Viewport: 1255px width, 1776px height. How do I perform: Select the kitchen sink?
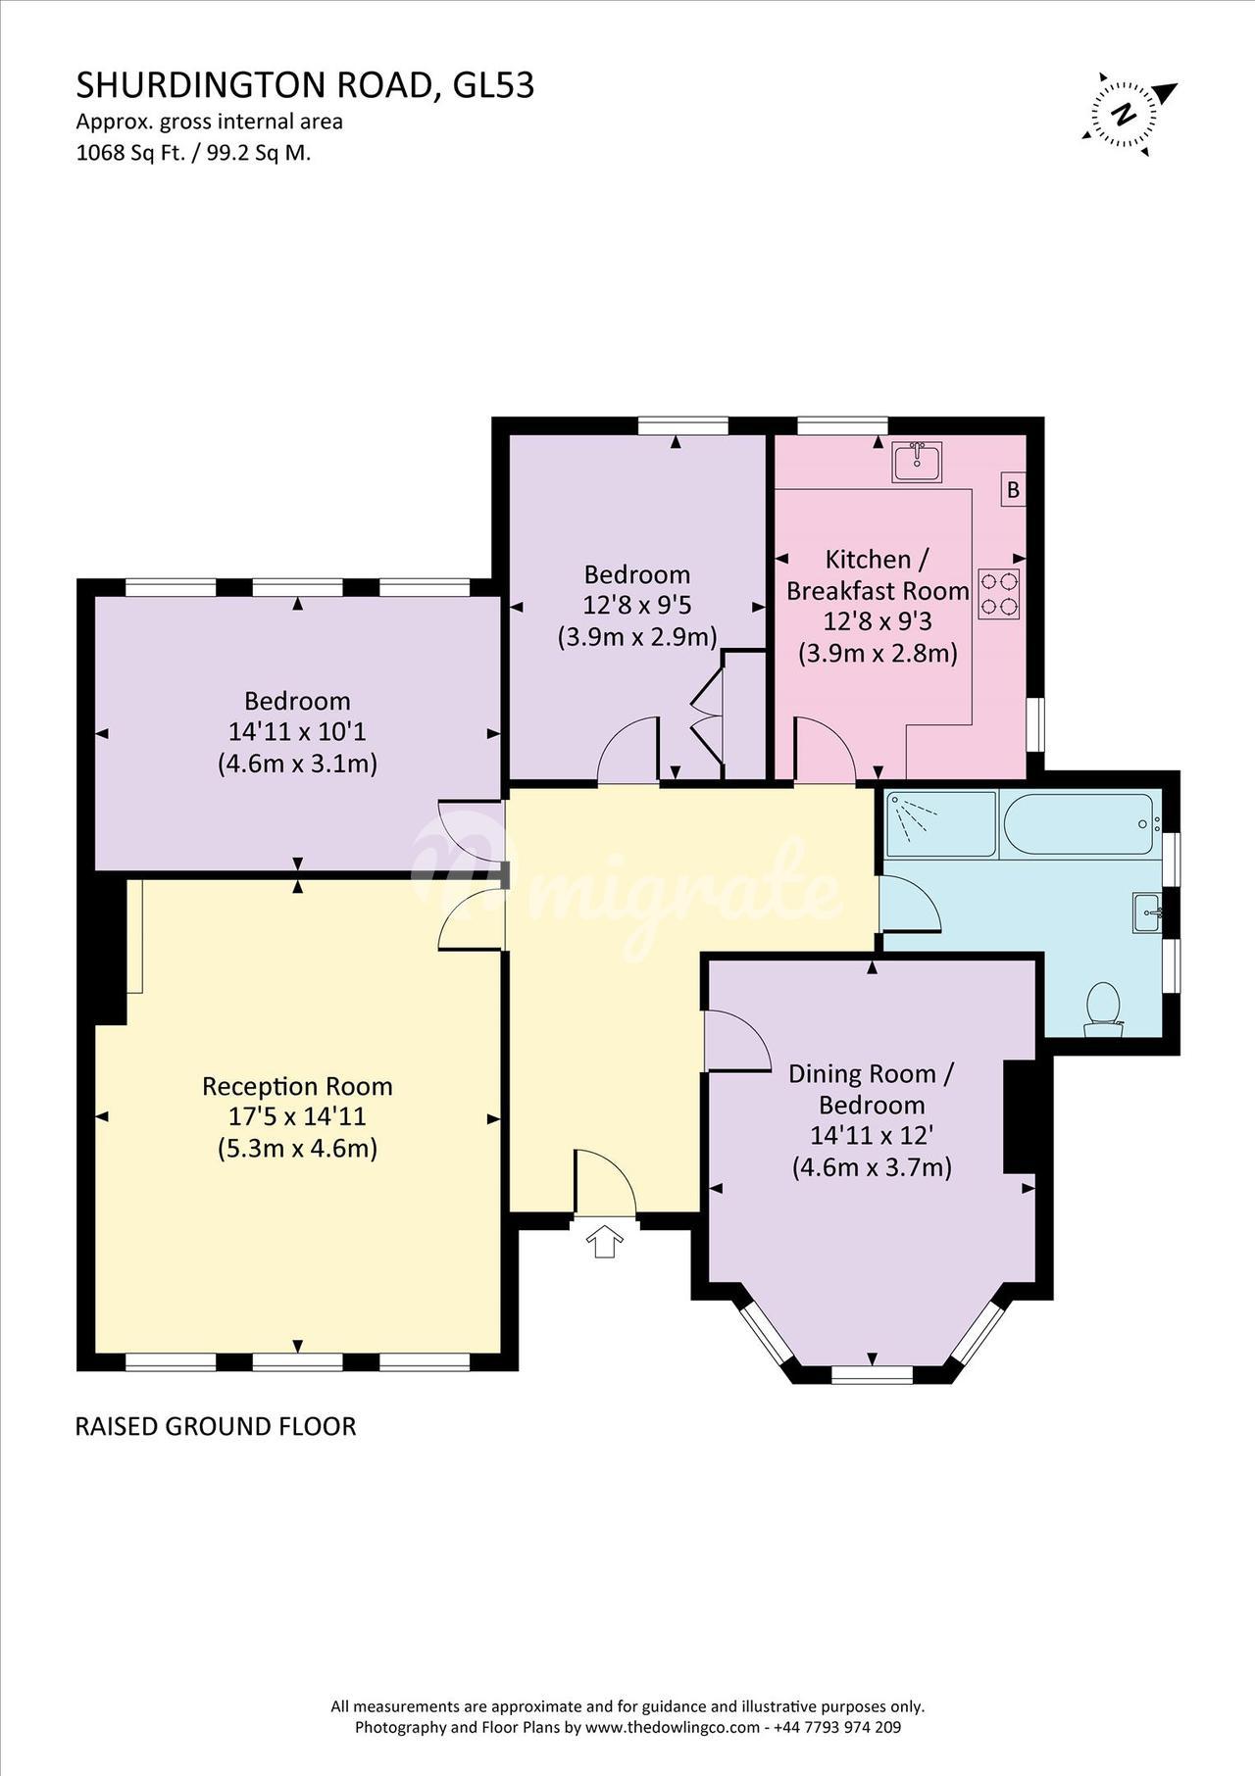(x=918, y=462)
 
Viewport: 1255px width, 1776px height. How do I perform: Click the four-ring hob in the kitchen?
(x=999, y=594)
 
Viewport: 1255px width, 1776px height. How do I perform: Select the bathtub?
(x=1079, y=824)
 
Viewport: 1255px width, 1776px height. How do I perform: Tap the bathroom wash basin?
(x=1147, y=913)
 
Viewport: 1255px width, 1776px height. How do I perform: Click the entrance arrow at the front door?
(x=604, y=1240)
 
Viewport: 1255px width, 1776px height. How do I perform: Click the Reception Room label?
(x=297, y=1086)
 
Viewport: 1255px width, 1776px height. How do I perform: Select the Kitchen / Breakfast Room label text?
(x=878, y=574)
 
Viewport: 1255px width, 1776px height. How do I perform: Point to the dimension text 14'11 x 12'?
(x=871, y=1136)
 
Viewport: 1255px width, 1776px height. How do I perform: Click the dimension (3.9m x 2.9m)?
(x=637, y=636)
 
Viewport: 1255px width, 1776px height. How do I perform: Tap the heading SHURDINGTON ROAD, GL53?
(x=306, y=86)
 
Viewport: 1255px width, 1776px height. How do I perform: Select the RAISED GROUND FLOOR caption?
(x=216, y=1426)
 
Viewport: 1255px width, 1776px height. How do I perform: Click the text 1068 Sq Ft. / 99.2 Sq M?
(x=193, y=153)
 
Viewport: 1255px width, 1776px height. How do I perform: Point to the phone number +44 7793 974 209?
(x=837, y=1727)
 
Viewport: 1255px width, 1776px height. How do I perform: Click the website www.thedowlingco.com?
(x=674, y=1727)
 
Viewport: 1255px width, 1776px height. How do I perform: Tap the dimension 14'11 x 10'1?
(x=297, y=731)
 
